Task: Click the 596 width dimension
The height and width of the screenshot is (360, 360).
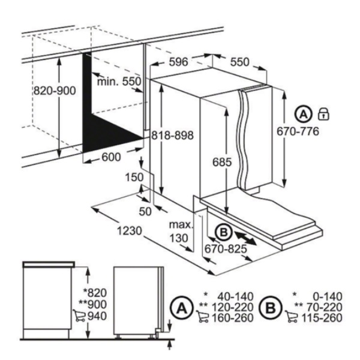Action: tap(178, 62)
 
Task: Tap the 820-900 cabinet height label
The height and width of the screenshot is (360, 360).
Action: tap(55, 91)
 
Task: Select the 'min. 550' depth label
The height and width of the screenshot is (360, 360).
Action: tap(119, 82)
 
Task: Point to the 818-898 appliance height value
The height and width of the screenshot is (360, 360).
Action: tap(172, 135)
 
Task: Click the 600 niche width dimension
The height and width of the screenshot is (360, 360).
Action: tap(111, 157)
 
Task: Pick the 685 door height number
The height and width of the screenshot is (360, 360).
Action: tap(222, 163)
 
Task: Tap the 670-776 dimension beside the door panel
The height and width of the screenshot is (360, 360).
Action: tap(298, 131)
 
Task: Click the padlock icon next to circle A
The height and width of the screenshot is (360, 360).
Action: tap(323, 114)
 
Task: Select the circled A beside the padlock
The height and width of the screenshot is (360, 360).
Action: tap(304, 114)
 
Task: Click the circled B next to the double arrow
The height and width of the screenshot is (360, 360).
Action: tap(223, 233)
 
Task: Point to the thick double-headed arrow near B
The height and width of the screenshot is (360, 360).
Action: tap(245, 239)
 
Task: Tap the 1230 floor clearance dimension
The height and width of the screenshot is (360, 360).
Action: tap(130, 231)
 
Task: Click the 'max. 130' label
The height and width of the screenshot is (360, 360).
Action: tap(181, 232)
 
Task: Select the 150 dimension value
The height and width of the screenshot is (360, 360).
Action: tap(134, 177)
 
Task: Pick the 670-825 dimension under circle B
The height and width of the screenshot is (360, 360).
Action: tap(226, 248)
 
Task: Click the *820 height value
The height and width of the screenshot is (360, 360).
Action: tap(95, 293)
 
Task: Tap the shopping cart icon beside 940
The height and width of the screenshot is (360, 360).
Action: tap(79, 316)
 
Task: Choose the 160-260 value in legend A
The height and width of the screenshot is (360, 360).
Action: tap(232, 318)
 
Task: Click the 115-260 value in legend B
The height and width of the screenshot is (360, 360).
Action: tap(322, 318)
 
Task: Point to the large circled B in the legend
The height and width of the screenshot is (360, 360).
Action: tap(270, 308)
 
